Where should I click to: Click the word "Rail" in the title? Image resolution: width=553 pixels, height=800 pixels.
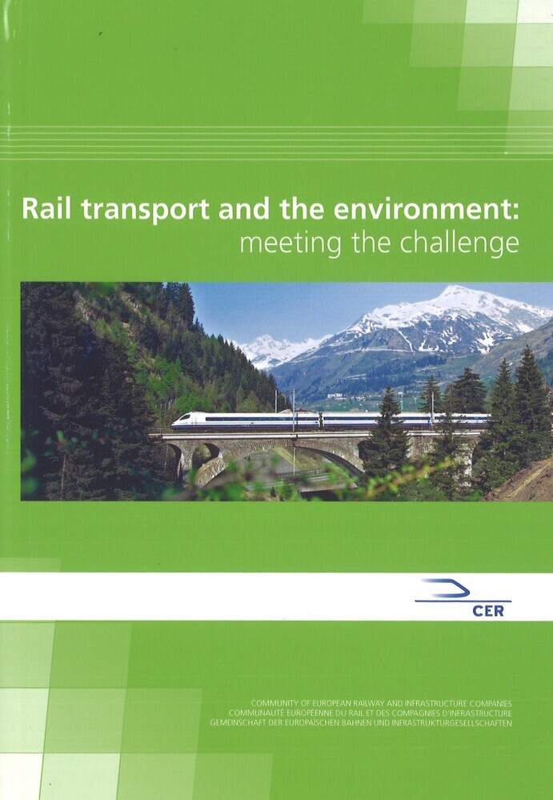click(46, 209)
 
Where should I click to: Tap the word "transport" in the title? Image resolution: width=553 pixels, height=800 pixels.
click(146, 210)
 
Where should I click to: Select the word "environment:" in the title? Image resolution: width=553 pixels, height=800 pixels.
click(426, 209)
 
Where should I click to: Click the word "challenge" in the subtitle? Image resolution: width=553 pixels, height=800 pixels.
click(459, 244)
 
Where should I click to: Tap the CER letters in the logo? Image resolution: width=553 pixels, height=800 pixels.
click(487, 610)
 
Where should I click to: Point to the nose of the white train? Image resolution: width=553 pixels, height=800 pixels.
click(174, 423)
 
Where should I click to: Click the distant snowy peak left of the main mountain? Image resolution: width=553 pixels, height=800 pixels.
click(266, 342)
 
